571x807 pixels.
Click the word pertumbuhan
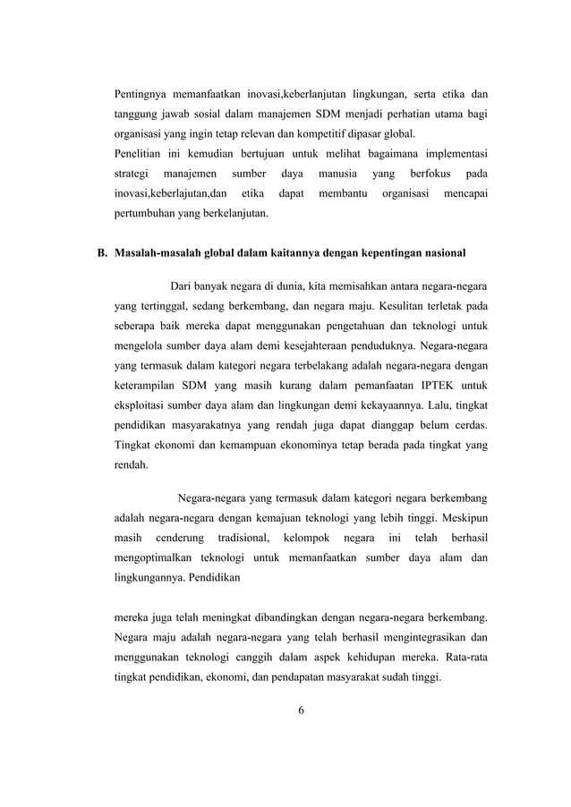(147, 215)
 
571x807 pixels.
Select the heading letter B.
(102, 253)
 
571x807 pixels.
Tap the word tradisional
(243, 538)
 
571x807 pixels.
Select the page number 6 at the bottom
(301, 710)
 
